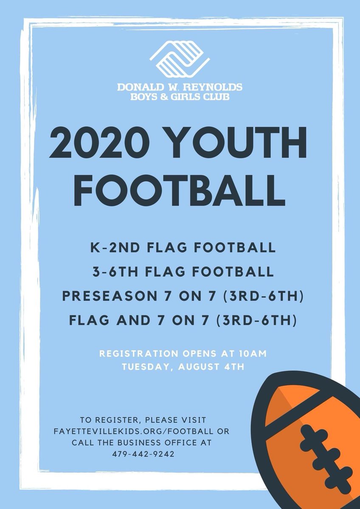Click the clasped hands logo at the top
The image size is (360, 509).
coord(180,59)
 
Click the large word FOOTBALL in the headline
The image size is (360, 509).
coord(180,190)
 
